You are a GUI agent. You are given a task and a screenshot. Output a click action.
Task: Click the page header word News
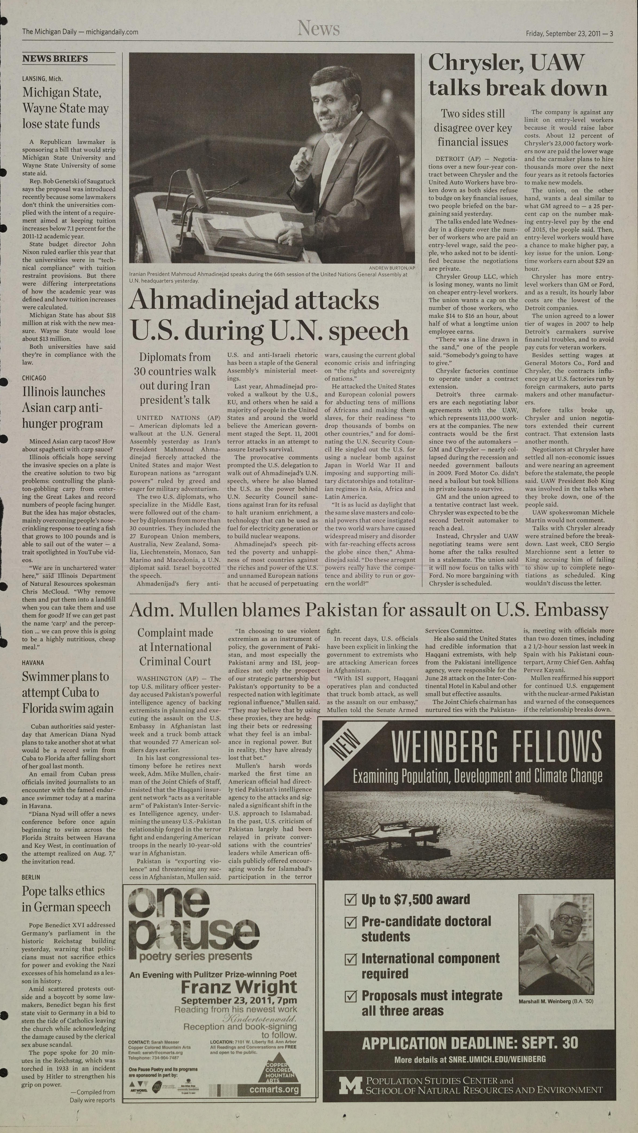click(x=318, y=29)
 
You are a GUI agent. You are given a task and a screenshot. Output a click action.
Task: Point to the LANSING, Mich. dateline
click(x=42, y=79)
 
